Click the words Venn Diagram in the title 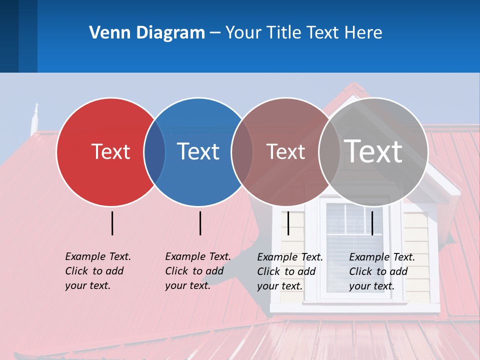[x=147, y=33]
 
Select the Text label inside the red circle [x=110, y=151]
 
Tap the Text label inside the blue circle [x=198, y=151]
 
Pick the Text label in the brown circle [x=285, y=151]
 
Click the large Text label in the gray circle [x=373, y=151]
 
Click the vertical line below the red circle [x=112, y=223]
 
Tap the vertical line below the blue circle [x=200, y=223]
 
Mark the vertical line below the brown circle [x=288, y=223]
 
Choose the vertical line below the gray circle [x=372, y=223]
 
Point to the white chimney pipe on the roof [x=34, y=118]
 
